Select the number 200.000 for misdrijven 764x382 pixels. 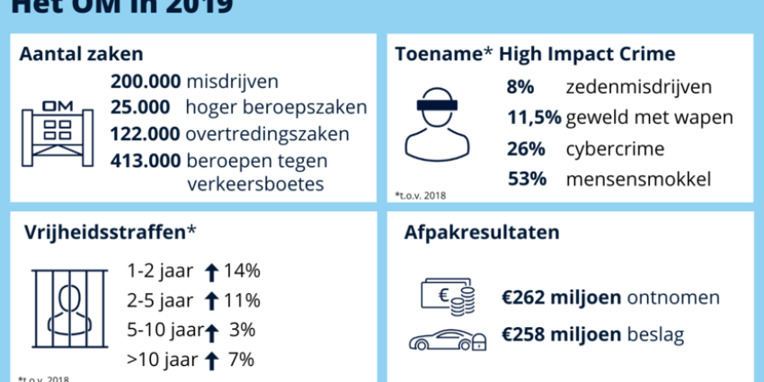pos(145,82)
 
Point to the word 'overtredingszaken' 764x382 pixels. pos(256,135)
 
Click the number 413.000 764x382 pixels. pos(145,162)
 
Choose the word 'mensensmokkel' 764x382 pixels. pos(638,179)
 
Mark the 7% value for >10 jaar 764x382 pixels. pos(241,360)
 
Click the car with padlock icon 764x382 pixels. pos(447,338)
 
